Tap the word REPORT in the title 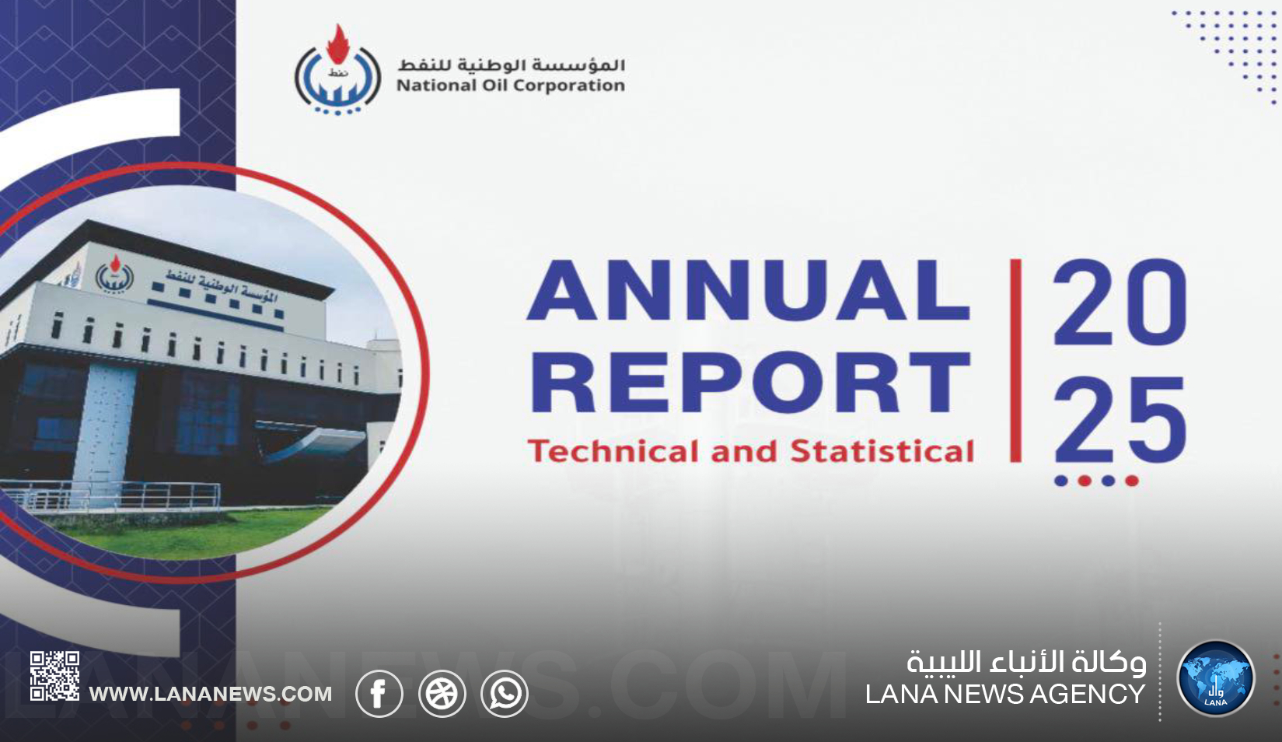pyautogui.click(x=750, y=382)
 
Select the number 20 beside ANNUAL pyautogui.click(x=1120, y=302)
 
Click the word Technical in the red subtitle pyautogui.click(x=615, y=450)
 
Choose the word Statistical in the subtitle pyautogui.click(x=882, y=450)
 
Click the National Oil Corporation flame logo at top pyautogui.click(x=337, y=70)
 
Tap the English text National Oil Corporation pyautogui.click(x=511, y=86)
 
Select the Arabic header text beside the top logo pyautogui.click(x=511, y=64)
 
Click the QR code pyautogui.click(x=55, y=676)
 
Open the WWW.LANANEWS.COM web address pyautogui.click(x=211, y=694)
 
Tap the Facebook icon pyautogui.click(x=379, y=693)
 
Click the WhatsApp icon pyautogui.click(x=505, y=693)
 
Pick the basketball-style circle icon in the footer pyautogui.click(x=442, y=693)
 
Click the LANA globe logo pyautogui.click(x=1216, y=678)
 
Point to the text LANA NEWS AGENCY pyautogui.click(x=1005, y=695)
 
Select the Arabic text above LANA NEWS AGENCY pyautogui.click(x=1026, y=663)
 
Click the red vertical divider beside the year pyautogui.click(x=1016, y=361)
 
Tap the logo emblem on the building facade pyautogui.click(x=114, y=274)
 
